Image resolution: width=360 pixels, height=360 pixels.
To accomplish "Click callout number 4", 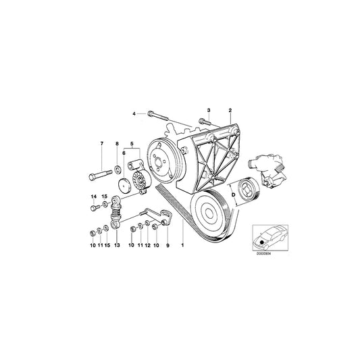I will tap(134, 113).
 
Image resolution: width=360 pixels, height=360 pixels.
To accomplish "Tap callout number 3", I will tap(209, 109).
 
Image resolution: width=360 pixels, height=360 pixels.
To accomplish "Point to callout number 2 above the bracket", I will tap(230, 109).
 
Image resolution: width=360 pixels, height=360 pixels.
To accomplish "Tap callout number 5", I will tap(132, 143).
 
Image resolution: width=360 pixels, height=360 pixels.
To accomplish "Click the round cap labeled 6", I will tap(124, 186).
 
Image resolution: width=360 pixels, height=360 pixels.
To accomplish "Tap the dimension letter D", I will tap(234, 194).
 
